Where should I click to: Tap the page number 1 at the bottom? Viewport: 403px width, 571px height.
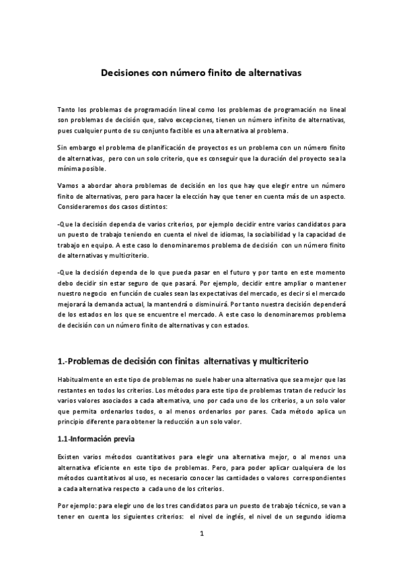pyautogui.click(x=201, y=535)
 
